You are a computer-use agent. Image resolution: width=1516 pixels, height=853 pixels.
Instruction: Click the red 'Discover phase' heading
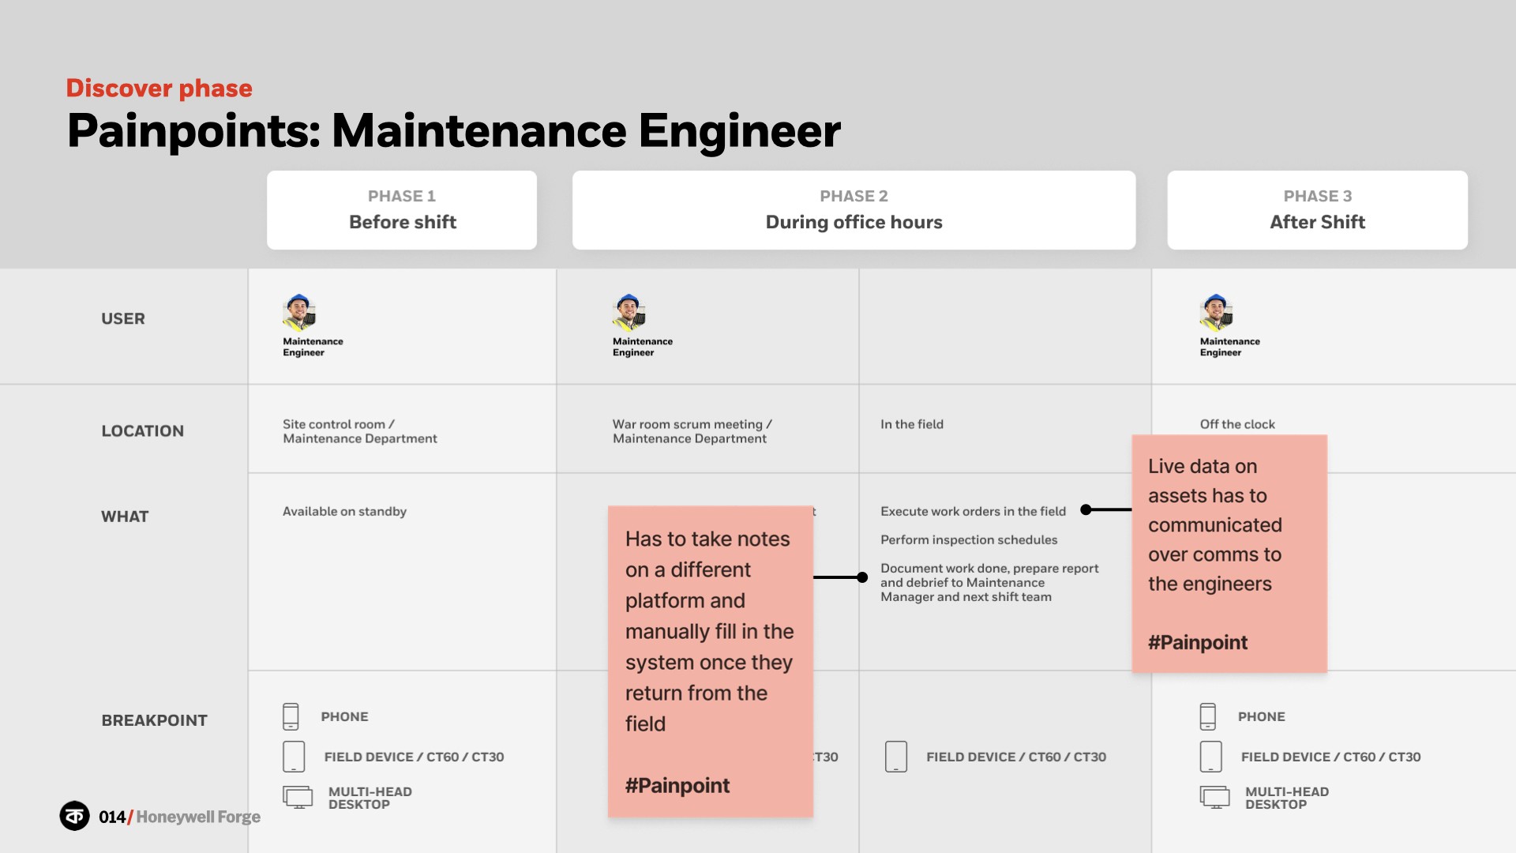[x=159, y=88]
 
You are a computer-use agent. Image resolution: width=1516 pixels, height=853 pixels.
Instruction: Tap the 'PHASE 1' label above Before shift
[x=401, y=196]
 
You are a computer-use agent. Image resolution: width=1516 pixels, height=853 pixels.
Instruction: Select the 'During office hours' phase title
[x=854, y=222]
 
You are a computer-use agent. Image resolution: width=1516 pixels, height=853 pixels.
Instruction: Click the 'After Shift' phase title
[x=1317, y=222]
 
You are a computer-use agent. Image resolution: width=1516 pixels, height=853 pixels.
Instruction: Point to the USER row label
[x=123, y=318]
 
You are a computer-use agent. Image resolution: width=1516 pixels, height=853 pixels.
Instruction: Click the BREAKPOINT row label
[x=154, y=720]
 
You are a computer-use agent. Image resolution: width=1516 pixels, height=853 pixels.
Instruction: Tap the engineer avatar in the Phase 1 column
[x=299, y=312]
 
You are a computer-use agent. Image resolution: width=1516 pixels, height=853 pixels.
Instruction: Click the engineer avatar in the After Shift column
[x=1216, y=312]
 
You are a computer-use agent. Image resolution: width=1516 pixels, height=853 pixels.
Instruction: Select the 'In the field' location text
[x=912, y=424]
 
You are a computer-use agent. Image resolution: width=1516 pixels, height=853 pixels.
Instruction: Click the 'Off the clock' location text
[x=1237, y=424]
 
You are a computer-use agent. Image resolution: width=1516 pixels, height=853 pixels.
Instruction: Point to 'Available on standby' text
[x=344, y=511]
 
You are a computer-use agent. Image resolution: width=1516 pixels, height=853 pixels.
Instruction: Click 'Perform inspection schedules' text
[x=969, y=539]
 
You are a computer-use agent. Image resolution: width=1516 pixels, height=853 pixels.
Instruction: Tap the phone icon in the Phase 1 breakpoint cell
[x=291, y=716]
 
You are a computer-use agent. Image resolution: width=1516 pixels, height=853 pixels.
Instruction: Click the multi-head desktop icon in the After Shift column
[x=1214, y=797]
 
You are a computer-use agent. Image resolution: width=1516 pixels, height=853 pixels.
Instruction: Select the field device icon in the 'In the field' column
[x=896, y=757]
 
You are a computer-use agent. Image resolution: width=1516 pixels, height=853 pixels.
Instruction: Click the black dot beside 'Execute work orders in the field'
[x=1086, y=509]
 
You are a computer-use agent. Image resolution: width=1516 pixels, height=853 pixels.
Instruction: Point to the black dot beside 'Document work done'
[x=862, y=577]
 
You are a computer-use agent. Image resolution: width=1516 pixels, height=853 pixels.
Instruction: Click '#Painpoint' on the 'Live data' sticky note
[x=1198, y=642]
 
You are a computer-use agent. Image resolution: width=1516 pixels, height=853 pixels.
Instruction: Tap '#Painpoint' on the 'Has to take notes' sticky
[x=677, y=785]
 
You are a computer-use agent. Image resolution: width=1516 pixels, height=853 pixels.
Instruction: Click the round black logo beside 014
[x=75, y=816]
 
